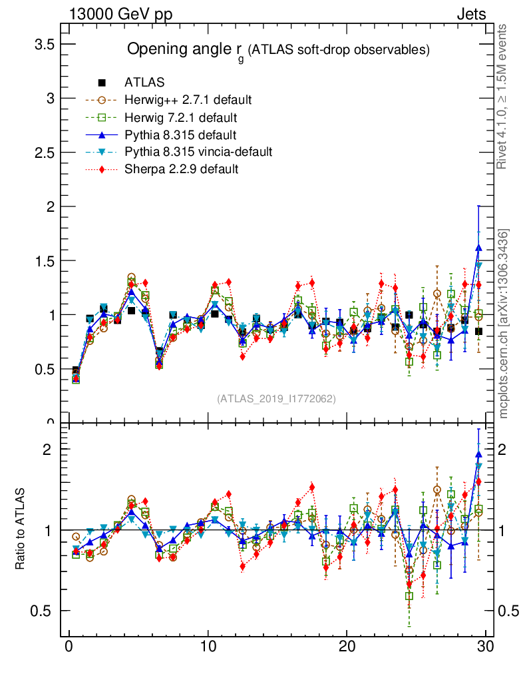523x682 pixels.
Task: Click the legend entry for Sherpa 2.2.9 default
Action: [x=181, y=169]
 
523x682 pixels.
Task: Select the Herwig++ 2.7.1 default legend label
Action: [x=188, y=100]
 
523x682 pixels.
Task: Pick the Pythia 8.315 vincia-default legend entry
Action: [x=198, y=152]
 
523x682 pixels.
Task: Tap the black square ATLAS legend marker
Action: [x=102, y=83]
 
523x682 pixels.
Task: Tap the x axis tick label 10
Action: [x=207, y=647]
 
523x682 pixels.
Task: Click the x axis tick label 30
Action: [x=485, y=647]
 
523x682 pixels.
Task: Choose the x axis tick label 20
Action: [x=346, y=647]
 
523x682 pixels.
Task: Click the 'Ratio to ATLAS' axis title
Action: [x=20, y=530]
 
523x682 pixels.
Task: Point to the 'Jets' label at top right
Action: [x=471, y=14]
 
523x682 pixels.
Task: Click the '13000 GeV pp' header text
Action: [x=120, y=14]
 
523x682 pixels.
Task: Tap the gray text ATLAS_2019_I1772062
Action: [x=276, y=398]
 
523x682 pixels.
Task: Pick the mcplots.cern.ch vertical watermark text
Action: [x=504, y=324]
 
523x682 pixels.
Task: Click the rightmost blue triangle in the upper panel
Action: [x=478, y=247]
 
